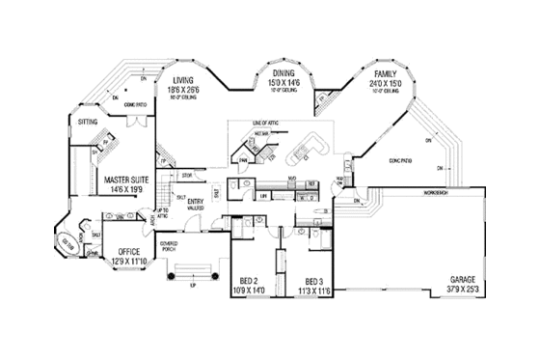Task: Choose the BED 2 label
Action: point(249,280)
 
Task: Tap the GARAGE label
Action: point(465,279)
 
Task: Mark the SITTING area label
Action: point(88,123)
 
